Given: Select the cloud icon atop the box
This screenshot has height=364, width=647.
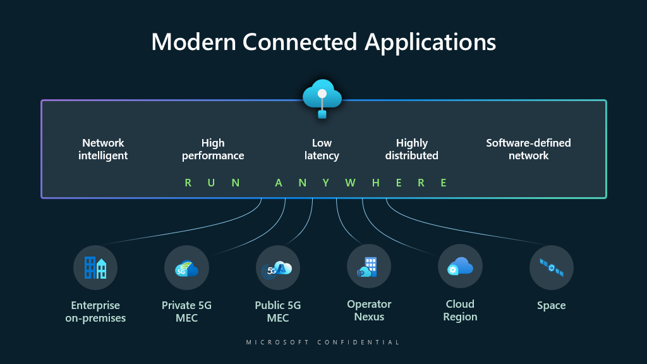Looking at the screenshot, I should [322, 96].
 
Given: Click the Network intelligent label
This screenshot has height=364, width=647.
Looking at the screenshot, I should [103, 149].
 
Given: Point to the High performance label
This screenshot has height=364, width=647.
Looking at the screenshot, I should [213, 149].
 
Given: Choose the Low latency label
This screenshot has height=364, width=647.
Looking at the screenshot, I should [322, 149].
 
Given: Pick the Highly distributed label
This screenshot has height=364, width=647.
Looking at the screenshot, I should [412, 149].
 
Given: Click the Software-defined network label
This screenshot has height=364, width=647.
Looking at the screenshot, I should [528, 149].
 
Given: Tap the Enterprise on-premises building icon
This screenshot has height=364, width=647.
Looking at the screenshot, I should [95, 267].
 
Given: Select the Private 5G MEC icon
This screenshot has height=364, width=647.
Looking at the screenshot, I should [186, 267].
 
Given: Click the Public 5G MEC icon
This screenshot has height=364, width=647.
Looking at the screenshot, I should [278, 267].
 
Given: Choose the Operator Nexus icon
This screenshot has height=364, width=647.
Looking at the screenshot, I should [369, 266].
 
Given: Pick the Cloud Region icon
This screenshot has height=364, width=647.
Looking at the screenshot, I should [460, 266].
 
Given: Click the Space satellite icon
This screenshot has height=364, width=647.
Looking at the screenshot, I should [551, 267].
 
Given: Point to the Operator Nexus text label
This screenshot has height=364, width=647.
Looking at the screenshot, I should [369, 310].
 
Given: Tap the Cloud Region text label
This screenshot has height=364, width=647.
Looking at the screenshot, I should [460, 310].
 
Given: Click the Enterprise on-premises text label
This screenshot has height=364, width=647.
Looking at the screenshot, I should [95, 312].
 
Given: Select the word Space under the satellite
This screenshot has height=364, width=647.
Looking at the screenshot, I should [551, 305].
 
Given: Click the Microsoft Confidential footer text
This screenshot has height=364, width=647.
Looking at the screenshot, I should [323, 342].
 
